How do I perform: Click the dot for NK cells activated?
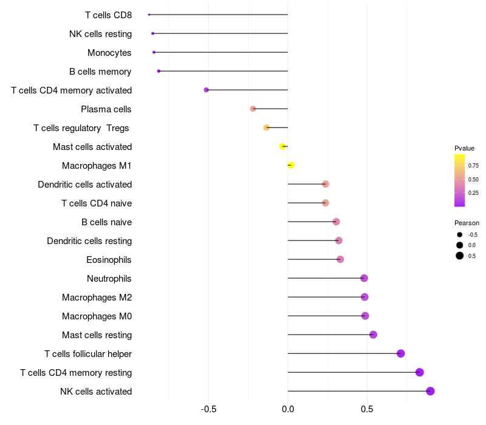pos(430,391)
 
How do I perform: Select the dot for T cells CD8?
pos(149,15)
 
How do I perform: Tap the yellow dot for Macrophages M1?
pos(291,165)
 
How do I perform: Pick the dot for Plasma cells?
pos(253,109)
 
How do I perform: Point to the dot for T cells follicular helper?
pos(400,353)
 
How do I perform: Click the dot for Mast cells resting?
pos(373,335)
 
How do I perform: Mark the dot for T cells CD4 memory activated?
pos(207,90)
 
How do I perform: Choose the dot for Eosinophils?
pos(340,259)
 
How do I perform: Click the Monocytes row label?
pos(109,53)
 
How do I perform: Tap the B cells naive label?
pos(106,222)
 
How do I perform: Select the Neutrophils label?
pos(109,279)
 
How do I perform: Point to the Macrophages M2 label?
pos(97,297)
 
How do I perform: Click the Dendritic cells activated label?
pos(84,185)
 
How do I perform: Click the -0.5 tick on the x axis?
pos(208,409)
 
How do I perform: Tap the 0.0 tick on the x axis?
pos(288,409)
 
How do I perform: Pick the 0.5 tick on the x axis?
pos(367,409)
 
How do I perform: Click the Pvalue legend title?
pos(465,148)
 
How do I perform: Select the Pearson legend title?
pos(467,223)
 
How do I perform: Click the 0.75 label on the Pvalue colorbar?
pos(473,165)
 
